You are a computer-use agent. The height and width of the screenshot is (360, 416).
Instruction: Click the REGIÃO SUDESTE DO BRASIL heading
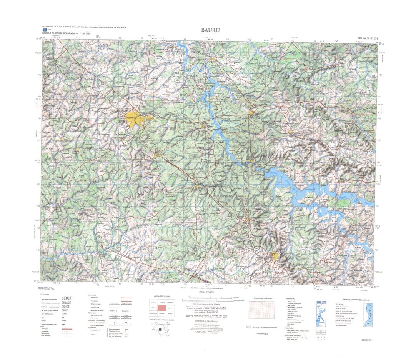click(x=66, y=34)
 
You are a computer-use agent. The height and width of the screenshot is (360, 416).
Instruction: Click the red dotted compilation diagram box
click(x=262, y=310)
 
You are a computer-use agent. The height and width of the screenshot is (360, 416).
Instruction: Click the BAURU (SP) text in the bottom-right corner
click(x=367, y=340)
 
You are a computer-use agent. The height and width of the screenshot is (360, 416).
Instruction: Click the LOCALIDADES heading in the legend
click(x=45, y=295)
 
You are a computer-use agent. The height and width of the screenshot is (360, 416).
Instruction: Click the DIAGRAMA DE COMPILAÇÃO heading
click(x=261, y=298)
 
